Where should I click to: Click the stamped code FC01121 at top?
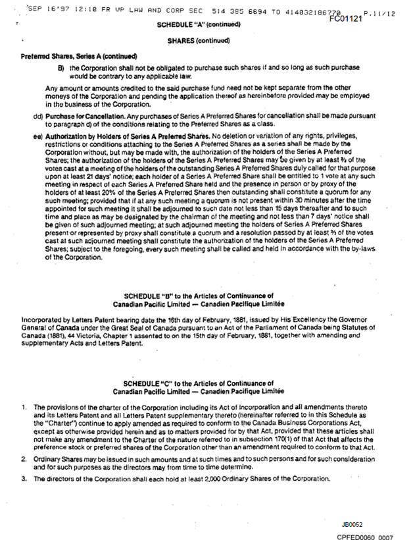point(347,19)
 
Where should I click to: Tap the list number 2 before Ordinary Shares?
point(24,457)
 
